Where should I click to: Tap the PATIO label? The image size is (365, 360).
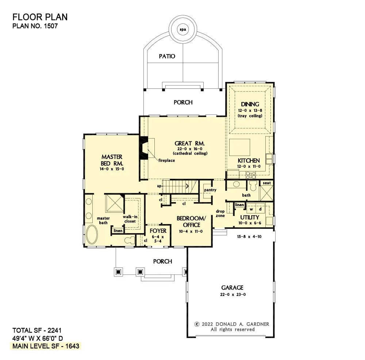(167, 56)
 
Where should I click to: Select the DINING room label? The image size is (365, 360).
(250, 105)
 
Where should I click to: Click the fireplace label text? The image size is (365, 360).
(166, 160)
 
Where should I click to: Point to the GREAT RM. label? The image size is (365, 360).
(190, 143)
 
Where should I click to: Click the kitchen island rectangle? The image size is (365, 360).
(239, 147)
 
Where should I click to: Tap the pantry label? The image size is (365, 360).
(210, 190)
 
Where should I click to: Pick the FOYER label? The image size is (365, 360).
(158, 231)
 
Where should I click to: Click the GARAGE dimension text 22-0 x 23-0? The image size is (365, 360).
(232, 294)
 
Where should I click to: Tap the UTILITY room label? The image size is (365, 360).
(250, 217)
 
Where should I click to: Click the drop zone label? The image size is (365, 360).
(220, 213)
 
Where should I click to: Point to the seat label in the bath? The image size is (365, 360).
(266, 183)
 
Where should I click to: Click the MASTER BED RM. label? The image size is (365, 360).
(112, 160)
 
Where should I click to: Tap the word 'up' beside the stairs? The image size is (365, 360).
(159, 186)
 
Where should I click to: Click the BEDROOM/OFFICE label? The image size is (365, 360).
(191, 221)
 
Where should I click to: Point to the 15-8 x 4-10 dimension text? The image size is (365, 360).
(250, 236)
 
